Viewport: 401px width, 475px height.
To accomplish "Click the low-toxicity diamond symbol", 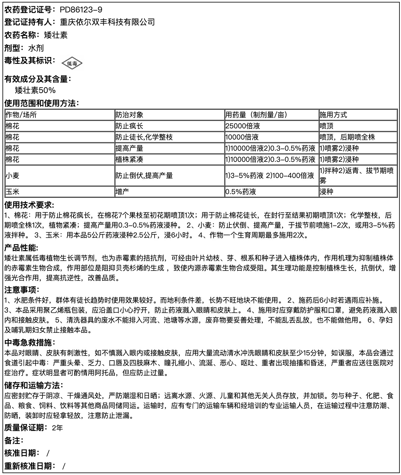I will (x=72, y=64).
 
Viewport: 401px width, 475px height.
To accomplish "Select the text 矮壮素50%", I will (x=35, y=90).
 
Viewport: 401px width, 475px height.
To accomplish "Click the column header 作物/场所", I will (x=21, y=115).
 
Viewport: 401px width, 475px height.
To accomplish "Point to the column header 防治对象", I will (x=129, y=115).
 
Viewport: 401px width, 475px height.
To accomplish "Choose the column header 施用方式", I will (x=333, y=115).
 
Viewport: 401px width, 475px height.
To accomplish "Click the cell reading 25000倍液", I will (x=243, y=126).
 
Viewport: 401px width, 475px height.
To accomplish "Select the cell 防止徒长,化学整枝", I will (x=144, y=137).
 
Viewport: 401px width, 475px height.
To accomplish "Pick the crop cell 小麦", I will (x=12, y=175).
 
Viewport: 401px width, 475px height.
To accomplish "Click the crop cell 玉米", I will (x=12, y=192).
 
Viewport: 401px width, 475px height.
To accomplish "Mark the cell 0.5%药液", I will (x=241, y=192).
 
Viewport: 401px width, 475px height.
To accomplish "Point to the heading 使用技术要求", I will (x=29, y=205).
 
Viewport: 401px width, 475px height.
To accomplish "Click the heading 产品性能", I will (x=21, y=248).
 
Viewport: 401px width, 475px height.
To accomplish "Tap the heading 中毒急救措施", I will (x=29, y=343).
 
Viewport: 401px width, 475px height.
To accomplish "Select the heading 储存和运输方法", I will (x=34, y=385).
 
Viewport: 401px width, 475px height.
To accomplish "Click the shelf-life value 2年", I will (x=57, y=428).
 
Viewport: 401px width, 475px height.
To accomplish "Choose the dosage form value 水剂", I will (x=36, y=48).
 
